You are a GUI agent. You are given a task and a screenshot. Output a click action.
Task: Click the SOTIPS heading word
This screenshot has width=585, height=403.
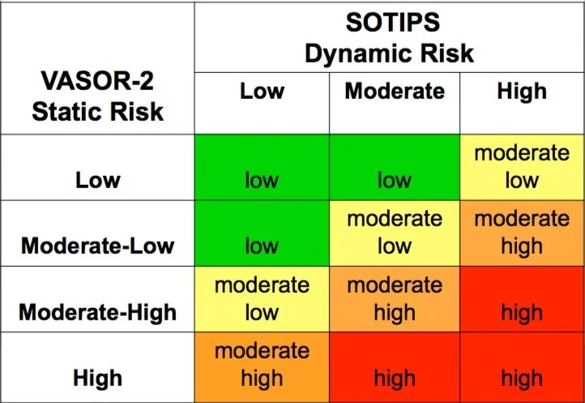pos(389,22)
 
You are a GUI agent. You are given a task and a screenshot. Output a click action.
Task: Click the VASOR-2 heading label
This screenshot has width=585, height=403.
pos(97,82)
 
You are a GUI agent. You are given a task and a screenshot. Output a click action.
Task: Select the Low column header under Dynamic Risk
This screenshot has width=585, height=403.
pos(262,90)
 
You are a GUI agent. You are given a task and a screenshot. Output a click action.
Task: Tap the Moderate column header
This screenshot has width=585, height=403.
pos(395,90)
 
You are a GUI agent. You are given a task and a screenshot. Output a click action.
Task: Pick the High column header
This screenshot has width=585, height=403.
pos(522,90)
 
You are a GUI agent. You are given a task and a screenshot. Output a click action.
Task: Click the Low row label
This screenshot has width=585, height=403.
pos(98,179)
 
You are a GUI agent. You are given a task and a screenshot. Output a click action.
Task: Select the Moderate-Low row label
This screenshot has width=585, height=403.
pos(98,245)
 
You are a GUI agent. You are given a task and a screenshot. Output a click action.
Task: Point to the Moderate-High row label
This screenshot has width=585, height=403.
pos(98,311)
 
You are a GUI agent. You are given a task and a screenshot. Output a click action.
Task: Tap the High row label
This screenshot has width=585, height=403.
pos(98,377)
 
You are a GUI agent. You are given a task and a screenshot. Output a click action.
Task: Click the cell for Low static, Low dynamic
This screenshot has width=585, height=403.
pos(262,167)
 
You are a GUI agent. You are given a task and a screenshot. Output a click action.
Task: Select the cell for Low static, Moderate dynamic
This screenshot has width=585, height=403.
pos(395,167)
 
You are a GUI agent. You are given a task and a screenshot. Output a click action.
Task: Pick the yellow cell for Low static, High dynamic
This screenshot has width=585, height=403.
pos(522,167)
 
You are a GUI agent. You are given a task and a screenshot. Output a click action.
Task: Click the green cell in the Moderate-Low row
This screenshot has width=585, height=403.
pos(262,234)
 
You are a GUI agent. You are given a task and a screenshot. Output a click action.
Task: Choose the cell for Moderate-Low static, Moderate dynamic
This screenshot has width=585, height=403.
pos(395,234)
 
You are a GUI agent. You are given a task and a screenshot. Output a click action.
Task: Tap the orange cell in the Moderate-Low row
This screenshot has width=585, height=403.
pos(522,234)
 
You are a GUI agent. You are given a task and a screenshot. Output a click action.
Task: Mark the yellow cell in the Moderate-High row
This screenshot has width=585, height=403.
pos(262,299)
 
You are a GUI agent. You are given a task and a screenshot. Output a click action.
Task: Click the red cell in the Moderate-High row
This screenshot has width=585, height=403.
pos(522,299)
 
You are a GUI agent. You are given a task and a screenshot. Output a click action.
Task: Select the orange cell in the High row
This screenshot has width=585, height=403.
pos(262,366)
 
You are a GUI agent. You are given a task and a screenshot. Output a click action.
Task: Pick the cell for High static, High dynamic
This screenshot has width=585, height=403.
pos(522,366)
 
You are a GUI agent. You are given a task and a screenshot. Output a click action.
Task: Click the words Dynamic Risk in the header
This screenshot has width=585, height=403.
pos(389,54)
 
